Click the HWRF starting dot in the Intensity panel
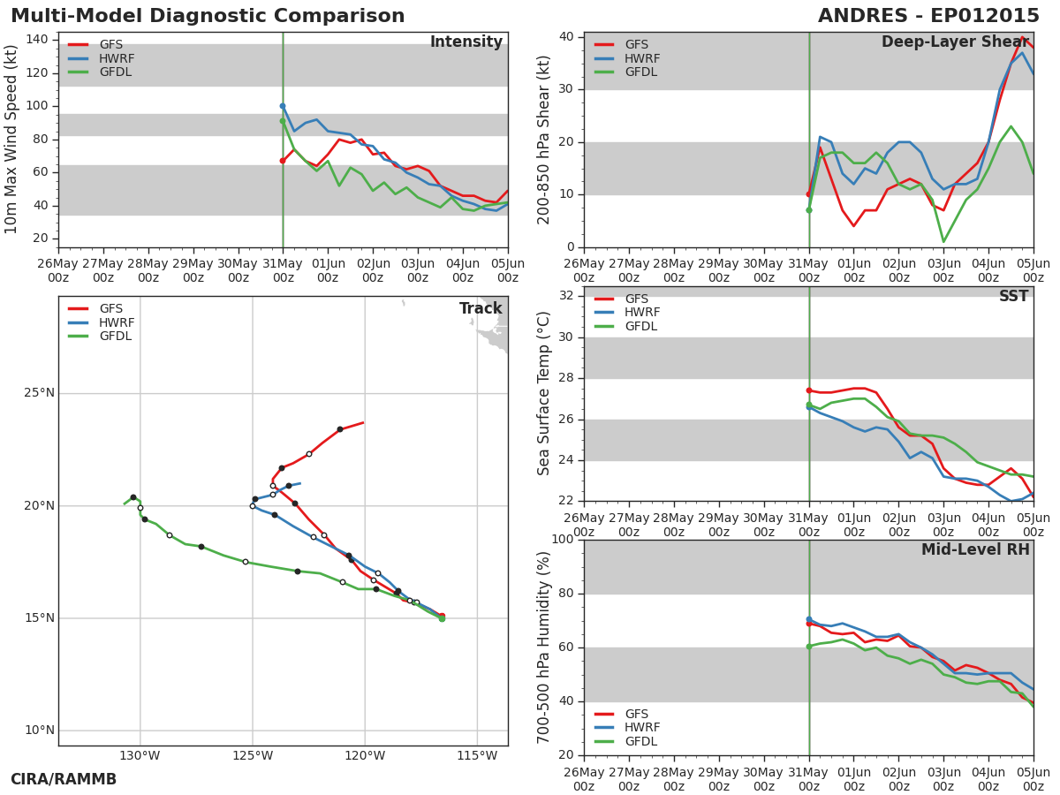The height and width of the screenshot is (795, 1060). point(283,106)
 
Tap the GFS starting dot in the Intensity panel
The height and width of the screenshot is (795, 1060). point(283,161)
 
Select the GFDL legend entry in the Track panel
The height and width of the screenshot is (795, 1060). point(100,337)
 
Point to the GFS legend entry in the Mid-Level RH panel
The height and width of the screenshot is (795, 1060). point(621,714)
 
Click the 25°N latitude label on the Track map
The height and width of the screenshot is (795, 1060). point(39,393)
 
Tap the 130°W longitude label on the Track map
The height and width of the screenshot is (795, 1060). point(140,756)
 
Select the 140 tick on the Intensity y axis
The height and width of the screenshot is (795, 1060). point(37,40)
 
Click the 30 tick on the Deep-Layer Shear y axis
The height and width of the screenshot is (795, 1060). point(566,89)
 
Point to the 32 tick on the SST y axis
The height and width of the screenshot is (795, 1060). point(566,295)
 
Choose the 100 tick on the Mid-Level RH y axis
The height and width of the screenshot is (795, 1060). point(563,539)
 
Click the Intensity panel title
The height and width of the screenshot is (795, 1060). point(466,42)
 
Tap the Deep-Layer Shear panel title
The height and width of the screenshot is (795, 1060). point(955,42)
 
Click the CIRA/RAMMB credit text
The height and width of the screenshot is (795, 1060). point(64,780)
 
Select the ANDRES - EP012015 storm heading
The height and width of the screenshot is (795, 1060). point(928,16)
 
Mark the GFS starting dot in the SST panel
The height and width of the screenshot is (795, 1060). point(809,390)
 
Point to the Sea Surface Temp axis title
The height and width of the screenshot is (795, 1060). point(543,393)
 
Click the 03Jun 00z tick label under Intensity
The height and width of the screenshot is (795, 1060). point(418,271)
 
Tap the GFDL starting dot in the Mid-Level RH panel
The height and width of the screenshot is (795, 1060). point(809,647)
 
